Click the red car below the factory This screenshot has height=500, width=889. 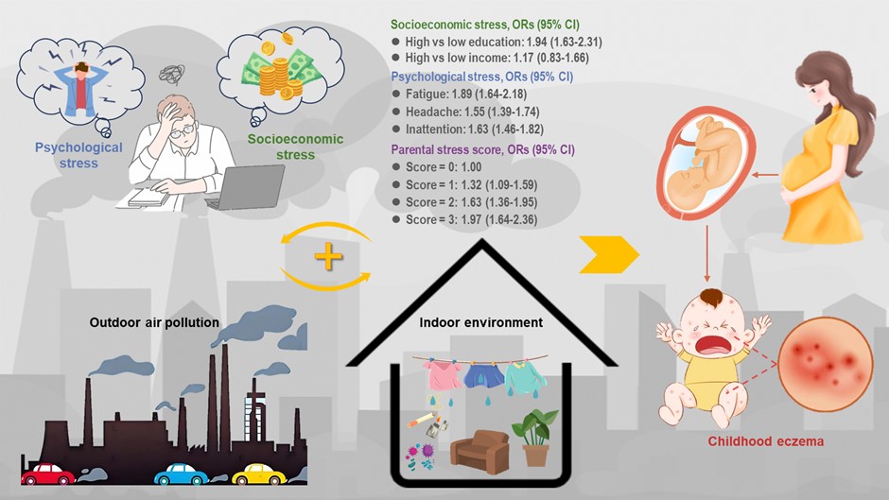tap(47, 474)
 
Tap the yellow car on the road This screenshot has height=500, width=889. tap(258, 474)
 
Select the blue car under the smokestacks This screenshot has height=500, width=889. tap(182, 474)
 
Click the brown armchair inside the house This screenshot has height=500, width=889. tap(479, 452)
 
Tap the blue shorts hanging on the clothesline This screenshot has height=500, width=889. tap(483, 375)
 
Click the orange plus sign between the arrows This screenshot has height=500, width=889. tap(328, 257)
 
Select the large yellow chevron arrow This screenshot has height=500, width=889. tap(609, 254)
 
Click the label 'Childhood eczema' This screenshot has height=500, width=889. tap(765, 441)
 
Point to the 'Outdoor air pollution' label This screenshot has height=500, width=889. tap(154, 322)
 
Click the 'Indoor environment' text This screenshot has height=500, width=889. tap(480, 322)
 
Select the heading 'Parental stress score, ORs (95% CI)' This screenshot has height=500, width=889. tap(482, 149)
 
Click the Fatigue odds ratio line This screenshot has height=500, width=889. tap(466, 95)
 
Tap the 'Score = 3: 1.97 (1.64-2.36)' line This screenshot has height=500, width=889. tap(472, 219)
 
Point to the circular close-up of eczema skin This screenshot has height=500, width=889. tap(825, 363)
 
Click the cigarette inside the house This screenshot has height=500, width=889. tap(421, 421)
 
